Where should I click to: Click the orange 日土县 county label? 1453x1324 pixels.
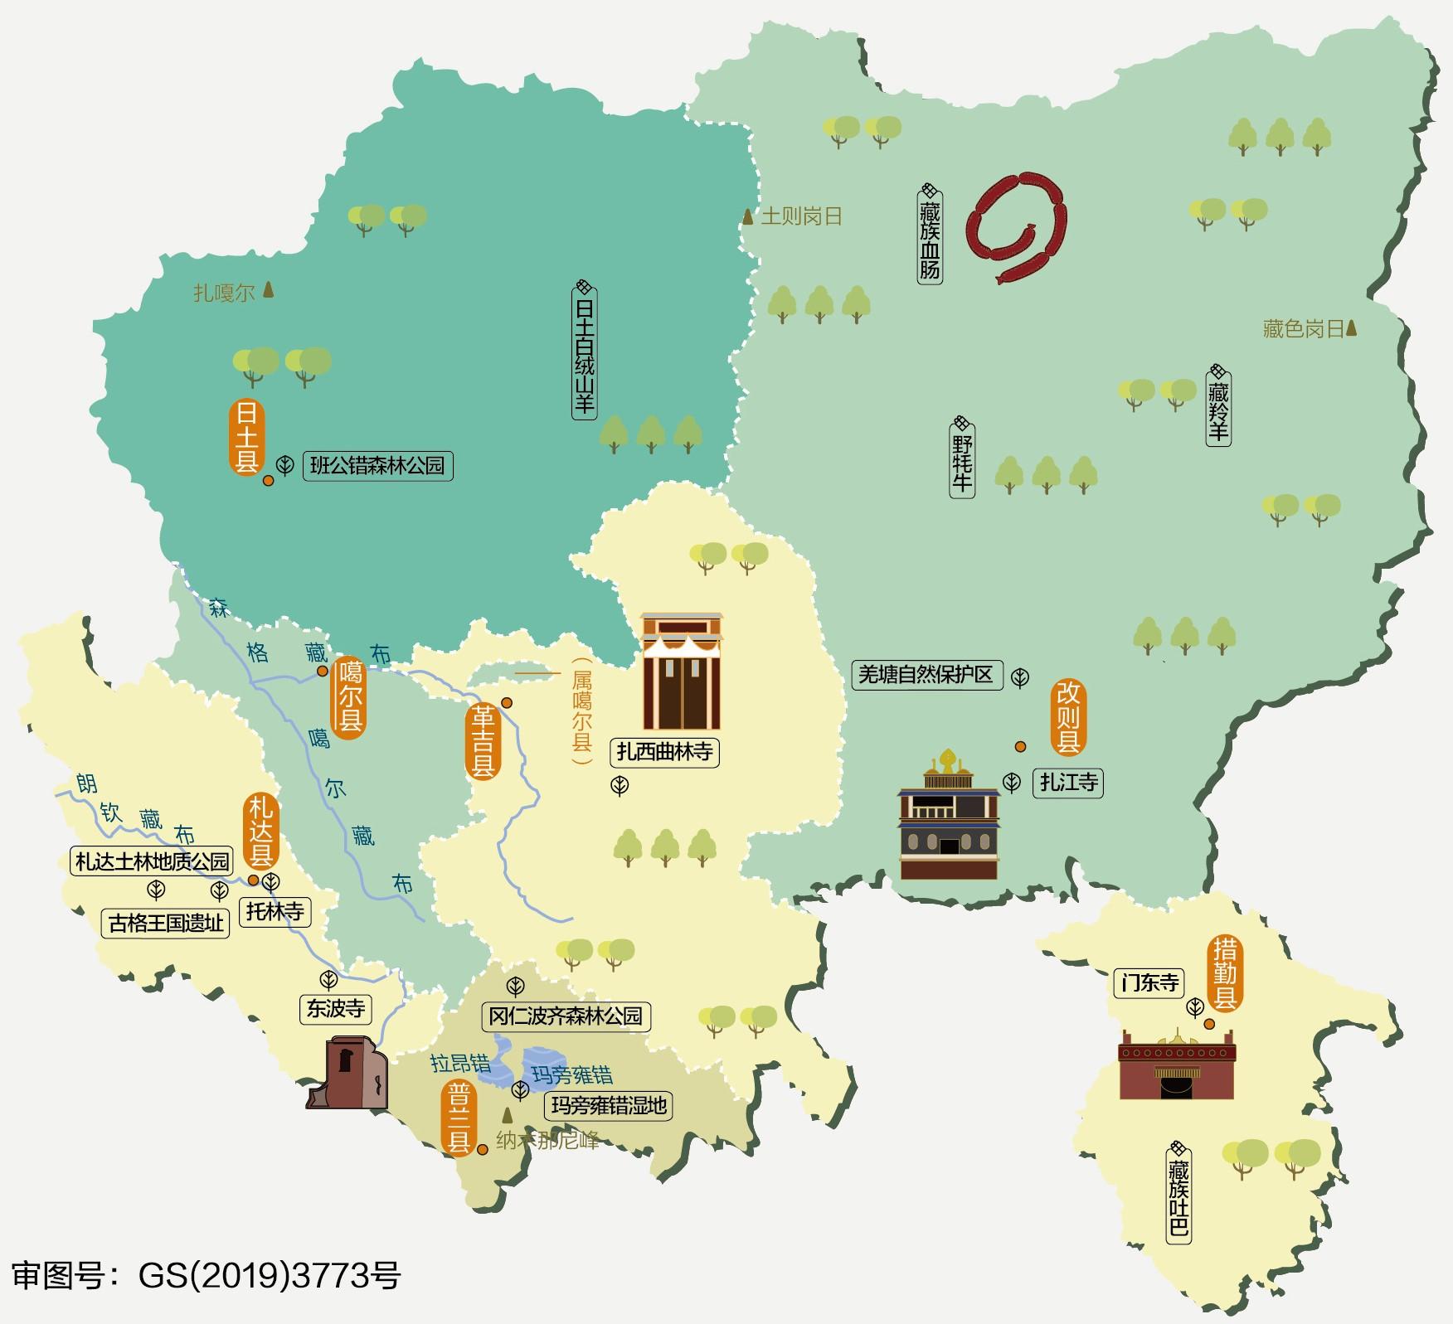tap(245, 437)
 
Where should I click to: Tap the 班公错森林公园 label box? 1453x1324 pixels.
tap(377, 465)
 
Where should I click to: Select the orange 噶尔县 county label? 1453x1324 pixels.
tap(348, 697)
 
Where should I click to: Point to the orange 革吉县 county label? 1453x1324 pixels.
tap(483, 741)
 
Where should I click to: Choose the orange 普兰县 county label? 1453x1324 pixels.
tap(459, 1118)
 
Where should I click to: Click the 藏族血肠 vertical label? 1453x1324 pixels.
tap(930, 234)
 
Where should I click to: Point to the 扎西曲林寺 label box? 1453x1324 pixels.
tap(664, 752)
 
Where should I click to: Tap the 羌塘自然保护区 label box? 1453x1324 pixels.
tap(926, 675)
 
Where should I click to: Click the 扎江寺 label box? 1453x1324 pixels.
tap(1069, 782)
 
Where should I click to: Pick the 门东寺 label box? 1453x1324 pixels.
tap(1149, 983)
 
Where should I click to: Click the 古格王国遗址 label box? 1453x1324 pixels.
tap(166, 923)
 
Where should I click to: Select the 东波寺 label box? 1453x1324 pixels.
tap(335, 1008)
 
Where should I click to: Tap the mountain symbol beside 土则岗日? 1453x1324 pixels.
tap(748, 216)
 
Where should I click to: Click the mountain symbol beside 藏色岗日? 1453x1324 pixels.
tap(1351, 328)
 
